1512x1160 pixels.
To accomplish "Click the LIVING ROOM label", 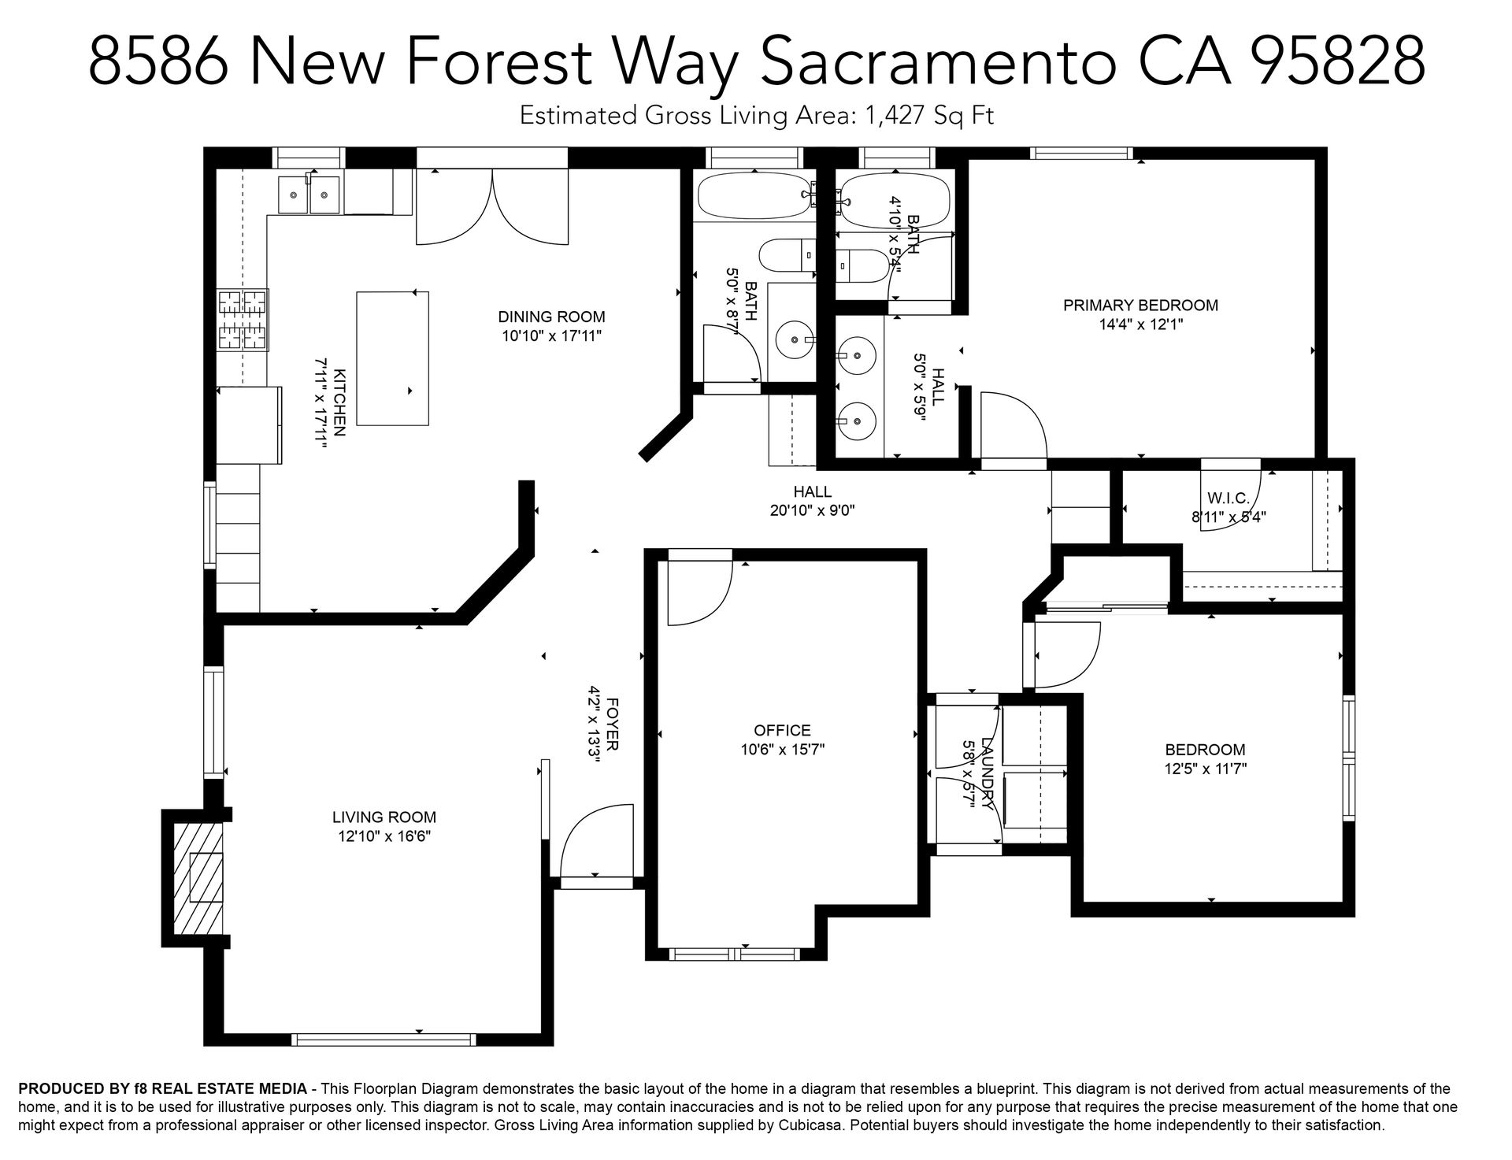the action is pyautogui.click(x=384, y=817).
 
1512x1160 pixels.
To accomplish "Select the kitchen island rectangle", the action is pyautogui.click(x=393, y=358).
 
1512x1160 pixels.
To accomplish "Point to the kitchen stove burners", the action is pyautogui.click(x=243, y=320).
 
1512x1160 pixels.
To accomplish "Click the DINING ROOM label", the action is pyautogui.click(x=551, y=317).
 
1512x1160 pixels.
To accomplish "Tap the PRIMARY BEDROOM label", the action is pyautogui.click(x=1140, y=305).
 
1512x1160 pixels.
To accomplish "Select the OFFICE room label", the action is pyautogui.click(x=782, y=731).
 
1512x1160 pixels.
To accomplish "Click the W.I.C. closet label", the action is pyautogui.click(x=1228, y=498).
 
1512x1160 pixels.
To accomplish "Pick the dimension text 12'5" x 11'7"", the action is pyautogui.click(x=1206, y=769).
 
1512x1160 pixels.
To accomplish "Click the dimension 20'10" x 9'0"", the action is pyautogui.click(x=813, y=510).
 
